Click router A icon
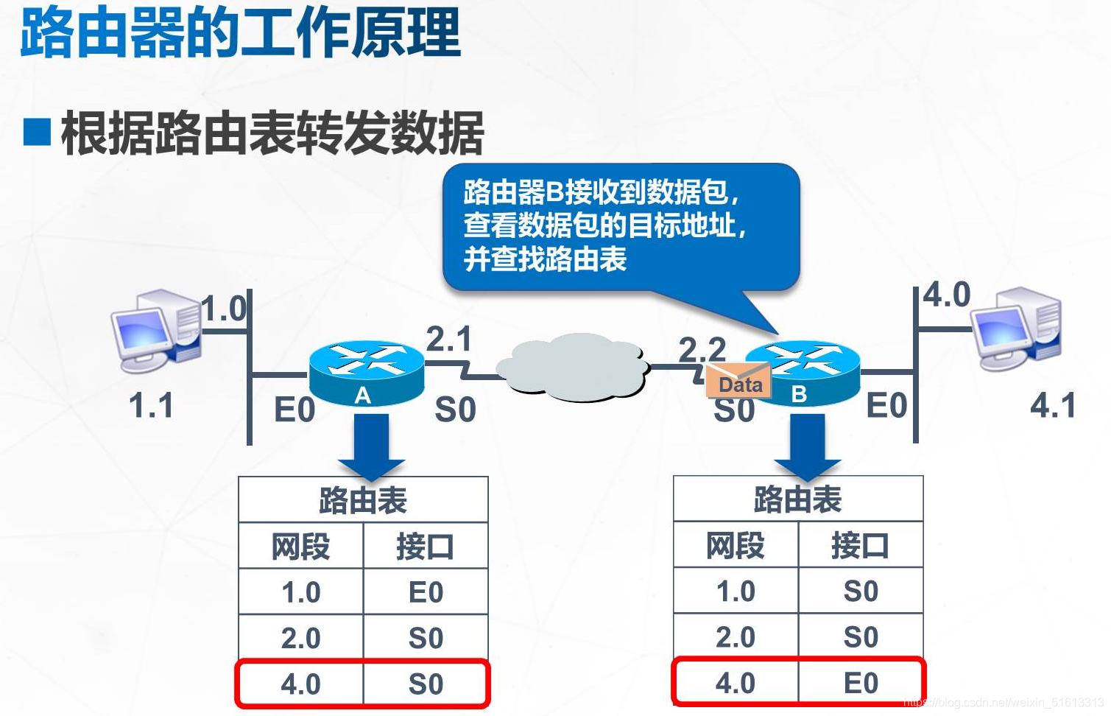pyautogui.click(x=366, y=372)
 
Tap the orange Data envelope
pyautogui.click(x=738, y=382)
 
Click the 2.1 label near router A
pyautogui.click(x=448, y=340)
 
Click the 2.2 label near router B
pyautogui.click(x=702, y=348)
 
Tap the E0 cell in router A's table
pyautogui.click(x=426, y=592)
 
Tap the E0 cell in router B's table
pyautogui.click(x=861, y=683)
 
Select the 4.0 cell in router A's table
pyautogui.click(x=300, y=684)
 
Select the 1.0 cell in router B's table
pyautogui.click(x=736, y=592)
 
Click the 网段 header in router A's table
pyautogui.click(x=300, y=547)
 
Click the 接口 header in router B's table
pyautogui.click(x=860, y=546)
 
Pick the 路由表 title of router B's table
pyautogui.click(x=797, y=499)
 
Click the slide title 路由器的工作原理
pyautogui.click(x=240, y=33)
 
